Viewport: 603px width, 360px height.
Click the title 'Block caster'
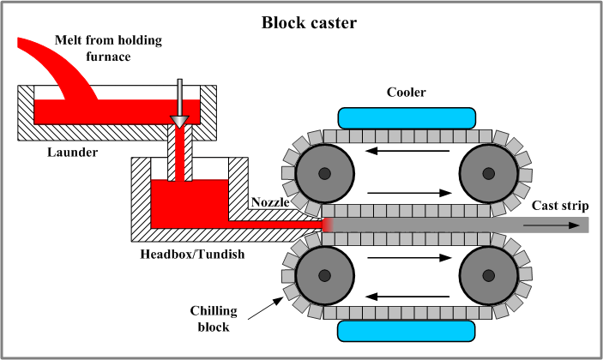pyautogui.click(x=301, y=21)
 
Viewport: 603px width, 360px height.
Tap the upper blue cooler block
pyautogui.click(x=407, y=117)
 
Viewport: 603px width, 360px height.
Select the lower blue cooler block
pyautogui.click(x=407, y=330)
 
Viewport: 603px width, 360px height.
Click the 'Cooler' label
pyautogui.click(x=407, y=93)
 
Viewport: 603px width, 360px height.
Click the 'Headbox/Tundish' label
pyautogui.click(x=190, y=255)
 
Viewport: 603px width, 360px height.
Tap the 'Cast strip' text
pyautogui.click(x=559, y=205)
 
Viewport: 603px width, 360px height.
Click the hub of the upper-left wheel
pyautogui.click(x=324, y=174)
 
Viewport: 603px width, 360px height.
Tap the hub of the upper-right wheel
pyautogui.click(x=488, y=174)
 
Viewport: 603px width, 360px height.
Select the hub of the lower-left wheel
pyautogui.click(x=324, y=275)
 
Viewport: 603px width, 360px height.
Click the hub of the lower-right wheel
pyautogui.click(x=488, y=275)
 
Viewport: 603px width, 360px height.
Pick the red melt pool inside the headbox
pyautogui.click(x=184, y=203)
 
